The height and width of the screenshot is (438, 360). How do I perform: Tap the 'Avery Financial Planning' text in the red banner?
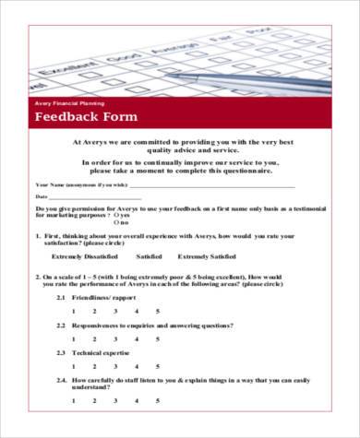pyautogui.click(x=69, y=103)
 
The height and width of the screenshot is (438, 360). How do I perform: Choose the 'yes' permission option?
pyautogui.click(x=117, y=216)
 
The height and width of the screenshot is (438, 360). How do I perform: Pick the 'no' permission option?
pyautogui.click(x=117, y=223)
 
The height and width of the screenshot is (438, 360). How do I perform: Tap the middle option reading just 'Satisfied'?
pyautogui.click(x=149, y=256)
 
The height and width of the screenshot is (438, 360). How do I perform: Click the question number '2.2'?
pyautogui.click(x=61, y=326)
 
